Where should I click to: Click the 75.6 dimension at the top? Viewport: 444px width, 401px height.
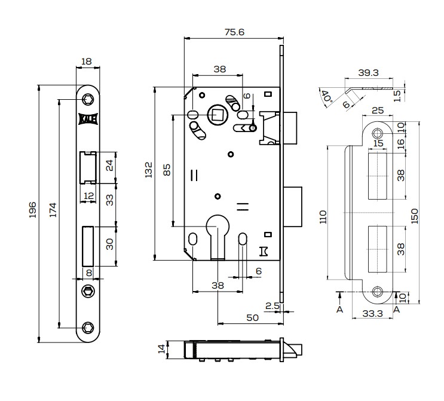pyautogui.click(x=234, y=32)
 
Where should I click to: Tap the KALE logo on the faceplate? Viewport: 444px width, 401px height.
pyautogui.click(x=88, y=119)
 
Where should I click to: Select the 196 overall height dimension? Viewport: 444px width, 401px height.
pyautogui.click(x=33, y=210)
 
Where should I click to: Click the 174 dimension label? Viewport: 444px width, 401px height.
pyautogui.click(x=53, y=210)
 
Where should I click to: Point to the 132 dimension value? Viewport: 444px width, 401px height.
pyautogui.click(x=149, y=170)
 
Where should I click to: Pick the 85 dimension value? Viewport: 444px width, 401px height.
pyautogui.click(x=167, y=170)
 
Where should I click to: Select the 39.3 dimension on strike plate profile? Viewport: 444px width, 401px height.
pyautogui.click(x=368, y=73)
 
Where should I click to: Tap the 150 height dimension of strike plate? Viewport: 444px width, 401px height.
pyautogui.click(x=414, y=216)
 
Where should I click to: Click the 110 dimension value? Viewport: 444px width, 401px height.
pyautogui.click(x=323, y=217)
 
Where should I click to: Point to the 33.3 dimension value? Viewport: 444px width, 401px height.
pyautogui.click(x=373, y=314)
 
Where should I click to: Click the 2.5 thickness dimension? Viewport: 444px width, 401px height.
pyautogui.click(x=272, y=306)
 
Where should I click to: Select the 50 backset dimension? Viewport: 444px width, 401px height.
pyautogui.click(x=252, y=318)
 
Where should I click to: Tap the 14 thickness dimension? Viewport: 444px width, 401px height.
pyautogui.click(x=161, y=348)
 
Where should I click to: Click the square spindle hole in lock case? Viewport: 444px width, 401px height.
pyautogui.click(x=216, y=114)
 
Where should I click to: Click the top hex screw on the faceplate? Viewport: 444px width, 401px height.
pyautogui.click(x=87, y=100)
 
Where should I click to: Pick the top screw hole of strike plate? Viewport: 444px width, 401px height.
pyautogui.click(x=377, y=133)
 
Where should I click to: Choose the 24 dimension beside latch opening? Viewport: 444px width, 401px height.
pyautogui.click(x=109, y=166)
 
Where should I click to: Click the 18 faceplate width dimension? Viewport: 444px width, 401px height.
pyautogui.click(x=87, y=61)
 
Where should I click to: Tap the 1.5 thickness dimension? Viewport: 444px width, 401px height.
pyautogui.click(x=398, y=96)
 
